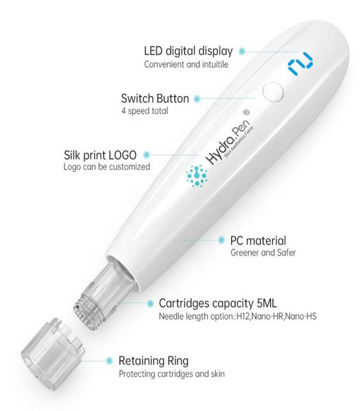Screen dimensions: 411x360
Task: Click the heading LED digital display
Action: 188,51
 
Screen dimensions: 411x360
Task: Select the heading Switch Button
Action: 154,99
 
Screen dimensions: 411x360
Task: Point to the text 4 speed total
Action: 144,111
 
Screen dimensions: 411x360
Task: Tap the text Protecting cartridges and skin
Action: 171,373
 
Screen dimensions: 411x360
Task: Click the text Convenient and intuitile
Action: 185,64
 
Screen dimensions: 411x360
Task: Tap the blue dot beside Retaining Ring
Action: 107,360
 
